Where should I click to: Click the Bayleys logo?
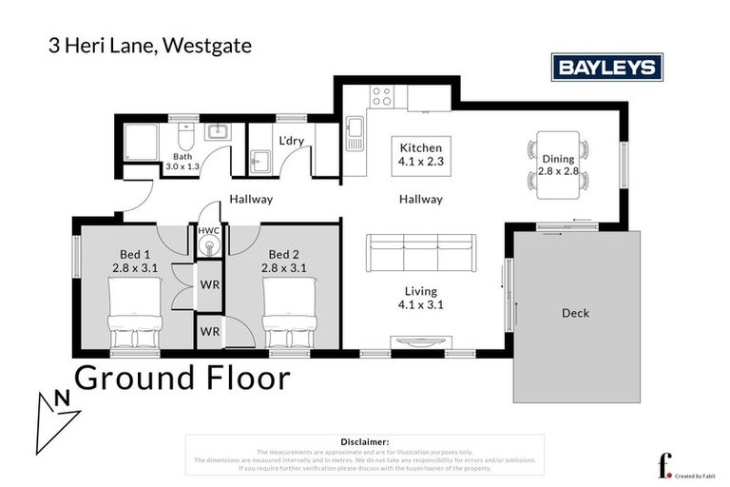[607, 68]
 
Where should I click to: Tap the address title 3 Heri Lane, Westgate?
[149, 45]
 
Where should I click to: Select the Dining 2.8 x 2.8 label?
[558, 166]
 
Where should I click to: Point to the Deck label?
[575, 313]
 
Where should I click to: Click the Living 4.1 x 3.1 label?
[420, 298]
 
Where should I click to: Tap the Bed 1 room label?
[135, 261]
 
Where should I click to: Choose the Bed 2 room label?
[283, 261]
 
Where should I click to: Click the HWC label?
[208, 231]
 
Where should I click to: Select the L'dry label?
[290, 141]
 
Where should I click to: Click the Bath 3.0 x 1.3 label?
[183, 161]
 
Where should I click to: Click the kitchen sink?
[355, 135]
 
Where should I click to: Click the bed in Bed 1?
[135, 321]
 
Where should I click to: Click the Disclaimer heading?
[364, 441]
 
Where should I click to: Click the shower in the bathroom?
[143, 143]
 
